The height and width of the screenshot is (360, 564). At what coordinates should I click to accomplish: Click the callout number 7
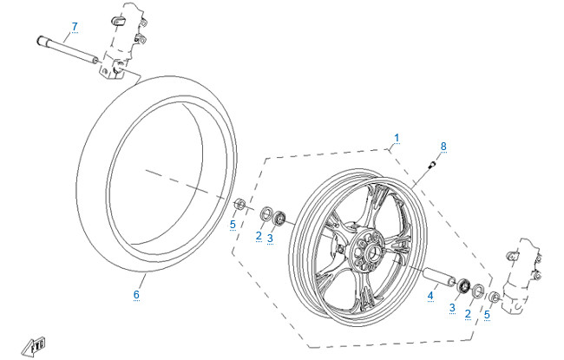[x=75, y=26]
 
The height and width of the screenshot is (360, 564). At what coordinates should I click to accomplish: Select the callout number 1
[x=397, y=137]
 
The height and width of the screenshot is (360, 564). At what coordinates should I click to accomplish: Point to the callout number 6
[x=136, y=295]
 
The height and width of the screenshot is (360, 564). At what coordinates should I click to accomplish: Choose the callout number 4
[x=429, y=296]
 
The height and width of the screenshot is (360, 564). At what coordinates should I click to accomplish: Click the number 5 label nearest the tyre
[x=233, y=225]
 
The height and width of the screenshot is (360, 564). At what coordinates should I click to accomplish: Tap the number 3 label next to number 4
[x=451, y=308]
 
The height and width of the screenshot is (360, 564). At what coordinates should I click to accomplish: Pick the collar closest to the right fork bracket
[x=493, y=298]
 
